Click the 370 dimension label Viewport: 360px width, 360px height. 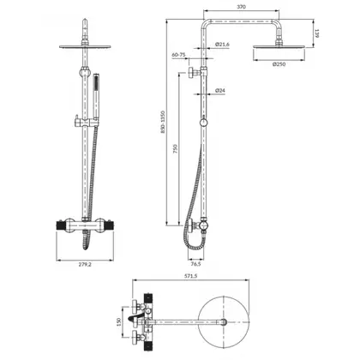[x=242, y=7]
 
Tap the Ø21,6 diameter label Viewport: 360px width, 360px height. [x=222, y=45]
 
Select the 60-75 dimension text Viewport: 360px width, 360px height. [x=178, y=55]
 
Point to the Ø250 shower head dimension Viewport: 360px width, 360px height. [x=279, y=64]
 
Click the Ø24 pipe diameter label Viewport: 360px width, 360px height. [x=220, y=91]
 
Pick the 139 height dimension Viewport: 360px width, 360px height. [x=317, y=33]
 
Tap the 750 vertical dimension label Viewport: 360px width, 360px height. [x=176, y=149]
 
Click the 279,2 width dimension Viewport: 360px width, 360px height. [x=85, y=264]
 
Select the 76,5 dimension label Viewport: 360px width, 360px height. [x=195, y=264]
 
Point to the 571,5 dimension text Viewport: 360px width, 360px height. [x=190, y=276]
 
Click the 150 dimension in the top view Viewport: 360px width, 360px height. [x=119, y=321]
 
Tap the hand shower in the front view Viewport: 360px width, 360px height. [x=97, y=99]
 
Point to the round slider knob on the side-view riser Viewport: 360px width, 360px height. [x=203, y=123]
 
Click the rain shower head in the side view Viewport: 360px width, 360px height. [x=279, y=47]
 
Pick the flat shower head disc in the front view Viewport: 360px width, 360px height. [x=85, y=46]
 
